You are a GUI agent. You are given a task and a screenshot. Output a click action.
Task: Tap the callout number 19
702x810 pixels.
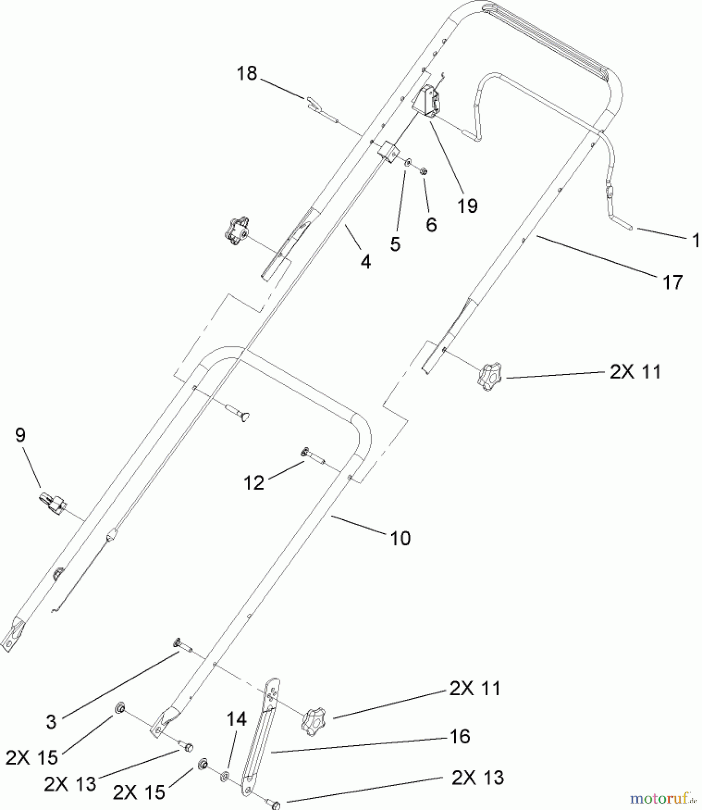pyautogui.click(x=467, y=206)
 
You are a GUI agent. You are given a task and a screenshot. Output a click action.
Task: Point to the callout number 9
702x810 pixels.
pyautogui.click(x=20, y=435)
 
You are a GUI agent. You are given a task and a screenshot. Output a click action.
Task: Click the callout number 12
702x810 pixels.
pyautogui.click(x=254, y=483)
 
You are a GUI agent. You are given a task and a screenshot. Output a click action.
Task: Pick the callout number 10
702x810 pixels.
pyautogui.click(x=400, y=538)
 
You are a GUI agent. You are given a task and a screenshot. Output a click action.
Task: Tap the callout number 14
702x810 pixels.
pyautogui.click(x=237, y=719)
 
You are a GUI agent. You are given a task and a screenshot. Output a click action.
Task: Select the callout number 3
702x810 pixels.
pyautogui.click(x=51, y=722)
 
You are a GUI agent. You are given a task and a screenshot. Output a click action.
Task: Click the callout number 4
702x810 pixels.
pyautogui.click(x=366, y=261)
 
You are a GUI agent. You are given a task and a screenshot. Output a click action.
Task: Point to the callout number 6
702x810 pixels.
pyautogui.click(x=431, y=224)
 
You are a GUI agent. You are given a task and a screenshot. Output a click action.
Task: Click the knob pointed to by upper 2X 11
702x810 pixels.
pyautogui.click(x=489, y=378)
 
